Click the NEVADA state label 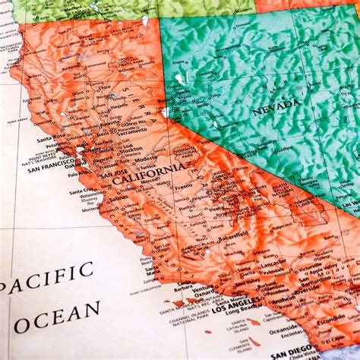click(x=276, y=110)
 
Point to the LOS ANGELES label click(x=240, y=309)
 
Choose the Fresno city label click(x=183, y=187)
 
